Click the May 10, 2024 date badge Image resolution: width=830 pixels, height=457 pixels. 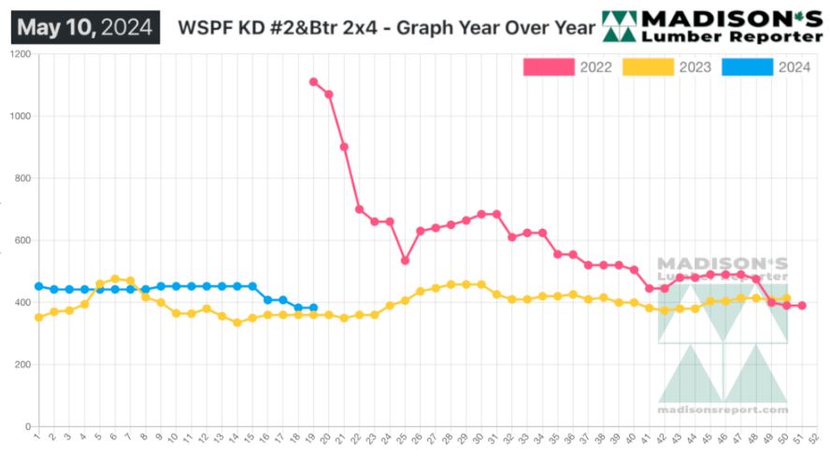click(85, 27)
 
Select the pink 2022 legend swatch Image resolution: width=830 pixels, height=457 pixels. click(549, 66)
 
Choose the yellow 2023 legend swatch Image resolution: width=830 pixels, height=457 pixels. click(648, 66)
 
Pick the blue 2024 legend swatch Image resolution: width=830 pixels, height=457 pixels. click(747, 66)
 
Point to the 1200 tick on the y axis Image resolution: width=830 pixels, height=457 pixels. click(18, 54)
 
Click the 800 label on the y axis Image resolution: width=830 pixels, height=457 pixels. click(20, 179)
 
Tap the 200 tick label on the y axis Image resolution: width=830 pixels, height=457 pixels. click(20, 364)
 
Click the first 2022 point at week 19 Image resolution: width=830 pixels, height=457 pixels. click(313, 82)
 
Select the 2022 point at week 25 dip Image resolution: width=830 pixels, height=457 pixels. click(405, 261)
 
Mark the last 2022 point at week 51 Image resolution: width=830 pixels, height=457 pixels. click(802, 306)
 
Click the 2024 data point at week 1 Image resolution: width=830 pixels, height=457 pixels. click(38, 286)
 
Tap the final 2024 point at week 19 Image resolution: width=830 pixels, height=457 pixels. click(313, 307)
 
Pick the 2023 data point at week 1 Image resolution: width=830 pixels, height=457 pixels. click(38, 318)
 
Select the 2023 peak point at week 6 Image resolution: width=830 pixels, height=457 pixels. click(115, 278)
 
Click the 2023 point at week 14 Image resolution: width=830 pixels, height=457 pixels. click(237, 322)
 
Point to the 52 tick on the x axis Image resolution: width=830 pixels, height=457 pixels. click(817, 436)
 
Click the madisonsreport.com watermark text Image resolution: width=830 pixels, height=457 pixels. click(723, 410)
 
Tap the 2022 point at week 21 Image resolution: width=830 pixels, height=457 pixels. click(344, 147)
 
